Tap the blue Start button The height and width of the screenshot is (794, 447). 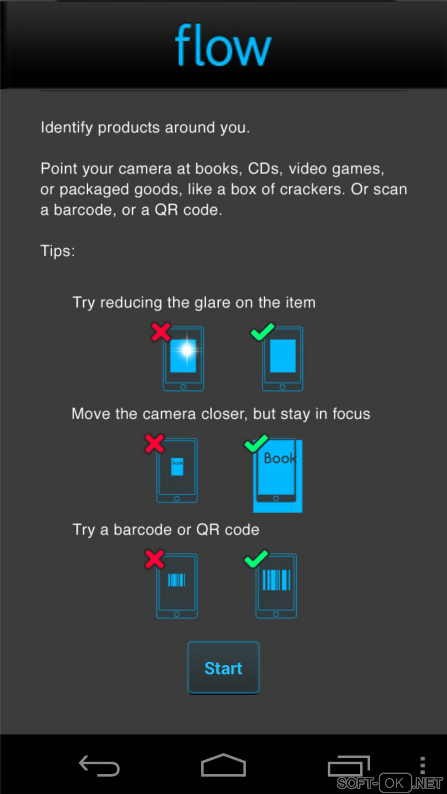223,668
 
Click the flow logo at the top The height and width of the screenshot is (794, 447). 223,45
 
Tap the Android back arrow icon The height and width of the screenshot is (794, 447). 99,766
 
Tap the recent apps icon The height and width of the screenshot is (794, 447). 349,766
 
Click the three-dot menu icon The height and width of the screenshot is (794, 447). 422,766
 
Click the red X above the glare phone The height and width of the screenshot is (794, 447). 161,332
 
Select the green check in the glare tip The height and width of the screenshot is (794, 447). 263,332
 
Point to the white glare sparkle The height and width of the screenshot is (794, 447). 187,350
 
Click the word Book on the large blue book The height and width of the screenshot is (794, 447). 280,458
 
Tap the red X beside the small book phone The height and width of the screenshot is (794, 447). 155,444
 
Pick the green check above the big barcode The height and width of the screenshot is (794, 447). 256,559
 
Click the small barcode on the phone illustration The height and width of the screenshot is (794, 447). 177,580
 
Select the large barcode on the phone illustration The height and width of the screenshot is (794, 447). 277,579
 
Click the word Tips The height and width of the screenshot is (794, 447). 57,251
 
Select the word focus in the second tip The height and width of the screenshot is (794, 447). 351,414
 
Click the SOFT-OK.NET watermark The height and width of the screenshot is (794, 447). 390,783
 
